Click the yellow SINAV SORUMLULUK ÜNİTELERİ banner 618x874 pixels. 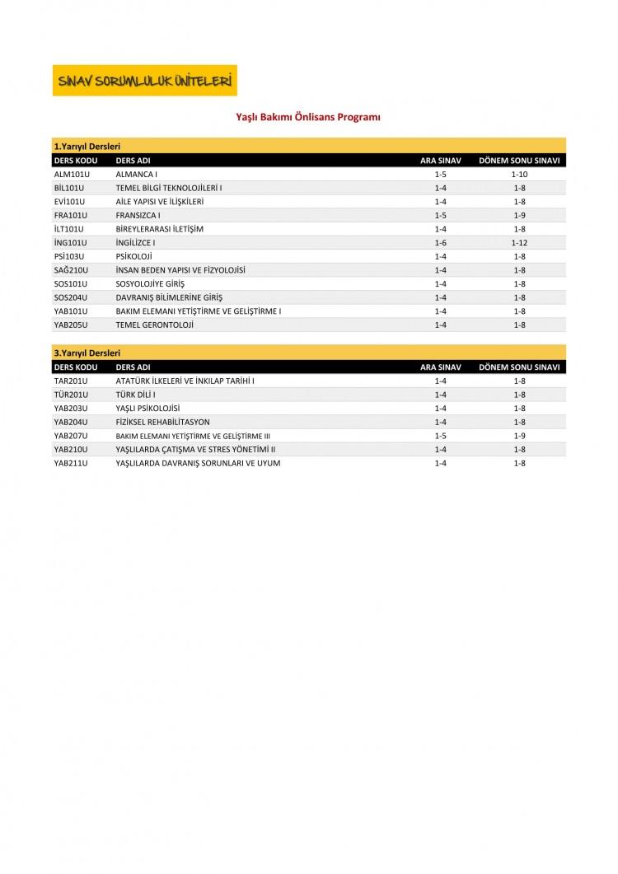[144, 81]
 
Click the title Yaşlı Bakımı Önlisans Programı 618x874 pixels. [308, 118]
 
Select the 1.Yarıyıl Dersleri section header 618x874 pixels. [87, 146]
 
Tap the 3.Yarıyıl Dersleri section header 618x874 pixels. [87, 353]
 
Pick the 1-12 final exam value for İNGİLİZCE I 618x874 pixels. [519, 243]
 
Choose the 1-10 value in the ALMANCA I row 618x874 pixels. [519, 175]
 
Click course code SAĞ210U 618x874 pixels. [71, 270]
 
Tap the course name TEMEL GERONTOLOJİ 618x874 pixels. [154, 325]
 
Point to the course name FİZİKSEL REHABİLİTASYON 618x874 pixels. [163, 422]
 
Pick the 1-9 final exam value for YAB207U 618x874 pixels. [519, 436]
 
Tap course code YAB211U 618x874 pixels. [71, 463]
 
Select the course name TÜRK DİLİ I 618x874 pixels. [138, 395]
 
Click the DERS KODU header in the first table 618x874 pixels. [76, 160]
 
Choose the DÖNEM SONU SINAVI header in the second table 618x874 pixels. [519, 367]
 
